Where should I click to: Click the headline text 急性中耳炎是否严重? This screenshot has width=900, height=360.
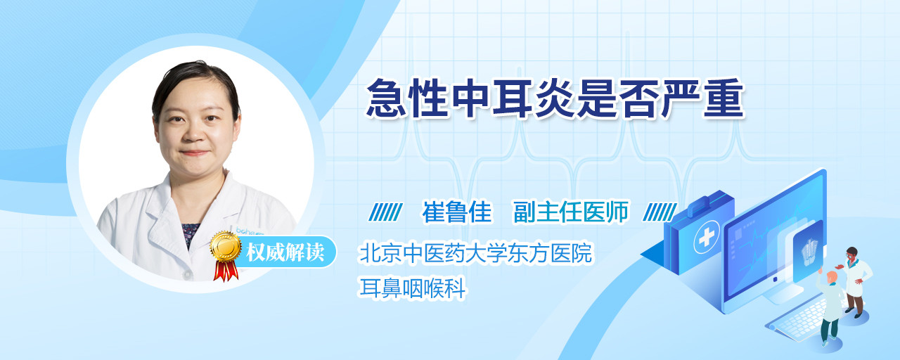(x=555, y=98)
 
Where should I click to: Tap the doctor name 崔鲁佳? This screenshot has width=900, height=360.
(x=457, y=212)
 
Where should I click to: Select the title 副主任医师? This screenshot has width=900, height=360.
(x=571, y=212)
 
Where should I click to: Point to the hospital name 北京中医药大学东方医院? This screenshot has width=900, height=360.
(x=476, y=252)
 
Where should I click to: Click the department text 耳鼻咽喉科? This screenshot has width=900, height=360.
(x=413, y=288)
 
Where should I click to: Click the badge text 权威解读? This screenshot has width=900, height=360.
(x=285, y=252)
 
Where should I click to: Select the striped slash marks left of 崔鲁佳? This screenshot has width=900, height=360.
(x=386, y=212)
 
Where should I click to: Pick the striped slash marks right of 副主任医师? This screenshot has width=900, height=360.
(x=660, y=212)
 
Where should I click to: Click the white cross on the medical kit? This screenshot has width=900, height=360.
(x=706, y=238)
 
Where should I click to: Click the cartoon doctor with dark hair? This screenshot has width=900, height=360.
(x=854, y=281)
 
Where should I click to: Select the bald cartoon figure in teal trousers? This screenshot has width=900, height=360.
(x=830, y=309)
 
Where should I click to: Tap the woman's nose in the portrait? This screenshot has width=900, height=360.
(x=194, y=131)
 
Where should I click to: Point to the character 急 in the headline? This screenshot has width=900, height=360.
(x=386, y=98)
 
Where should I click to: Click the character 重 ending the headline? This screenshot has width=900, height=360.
(x=724, y=98)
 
